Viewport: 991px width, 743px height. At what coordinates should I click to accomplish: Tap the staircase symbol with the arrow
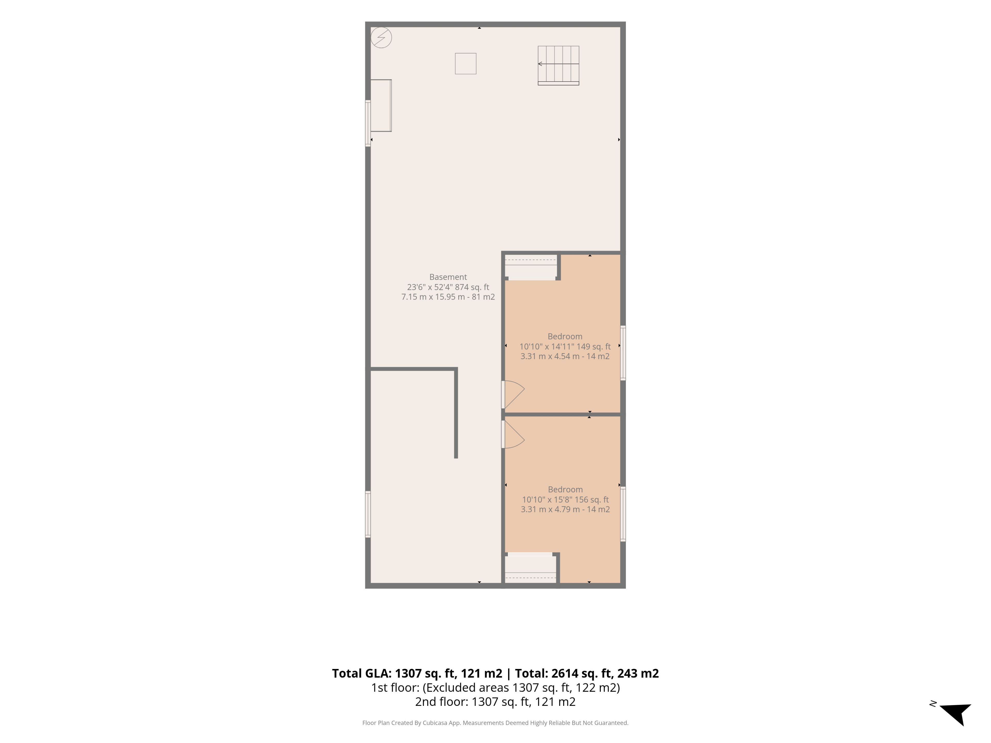point(558,65)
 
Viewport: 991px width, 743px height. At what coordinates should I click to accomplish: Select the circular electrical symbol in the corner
point(381,38)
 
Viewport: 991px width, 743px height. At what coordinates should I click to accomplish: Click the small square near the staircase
point(466,64)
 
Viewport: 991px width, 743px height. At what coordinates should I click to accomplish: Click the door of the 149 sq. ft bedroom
point(513,394)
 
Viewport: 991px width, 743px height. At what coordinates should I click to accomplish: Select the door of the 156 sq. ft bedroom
point(513,434)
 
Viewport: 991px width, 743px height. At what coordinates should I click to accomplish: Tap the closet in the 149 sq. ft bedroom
point(531,267)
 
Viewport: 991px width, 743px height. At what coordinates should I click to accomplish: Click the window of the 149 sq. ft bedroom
point(623,353)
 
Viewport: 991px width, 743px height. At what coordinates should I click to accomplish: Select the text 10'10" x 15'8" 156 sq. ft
point(565,500)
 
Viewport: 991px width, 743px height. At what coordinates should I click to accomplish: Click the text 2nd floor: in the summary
point(442,702)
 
